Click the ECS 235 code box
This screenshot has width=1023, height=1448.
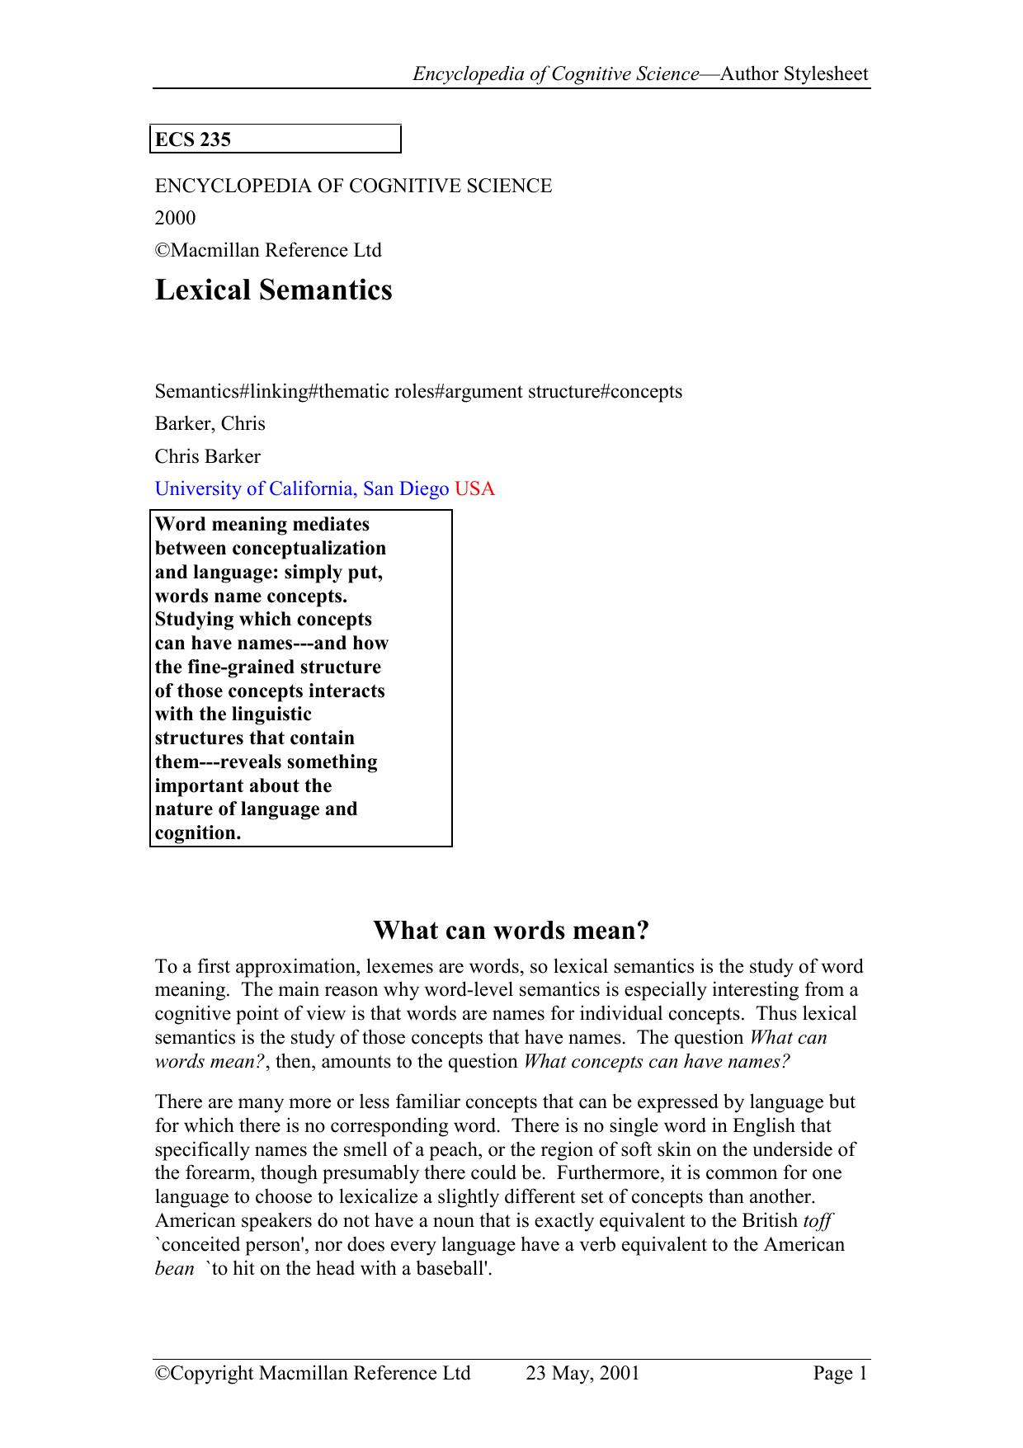coord(276,139)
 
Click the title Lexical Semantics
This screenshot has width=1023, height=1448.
coord(273,290)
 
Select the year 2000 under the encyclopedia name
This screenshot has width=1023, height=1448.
coord(175,218)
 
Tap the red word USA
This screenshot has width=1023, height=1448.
coord(474,488)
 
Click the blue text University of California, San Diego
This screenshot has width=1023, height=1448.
coord(302,488)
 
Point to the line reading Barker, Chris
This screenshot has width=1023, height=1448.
coord(210,423)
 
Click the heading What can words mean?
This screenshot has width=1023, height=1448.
coord(511,930)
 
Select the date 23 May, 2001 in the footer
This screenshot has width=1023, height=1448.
coord(582,1373)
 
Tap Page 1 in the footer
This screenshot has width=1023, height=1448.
coord(840,1373)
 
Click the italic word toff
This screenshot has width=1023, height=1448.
coord(817,1221)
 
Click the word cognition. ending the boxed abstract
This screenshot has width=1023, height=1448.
coord(198,833)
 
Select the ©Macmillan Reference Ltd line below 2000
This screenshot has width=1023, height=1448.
coord(268,250)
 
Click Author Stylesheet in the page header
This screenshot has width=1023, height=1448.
coord(794,74)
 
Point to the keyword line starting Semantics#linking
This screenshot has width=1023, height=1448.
coord(418,391)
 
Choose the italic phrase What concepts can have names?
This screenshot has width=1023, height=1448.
coord(657,1062)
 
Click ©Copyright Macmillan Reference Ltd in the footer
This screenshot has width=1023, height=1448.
coord(313,1373)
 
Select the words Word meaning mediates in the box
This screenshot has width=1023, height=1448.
coord(262,525)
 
